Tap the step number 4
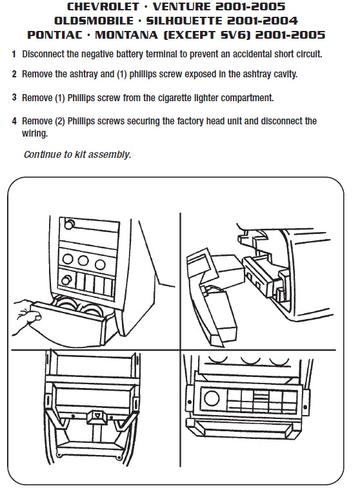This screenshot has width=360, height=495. point(14,121)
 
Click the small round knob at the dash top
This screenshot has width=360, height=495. point(68,225)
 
